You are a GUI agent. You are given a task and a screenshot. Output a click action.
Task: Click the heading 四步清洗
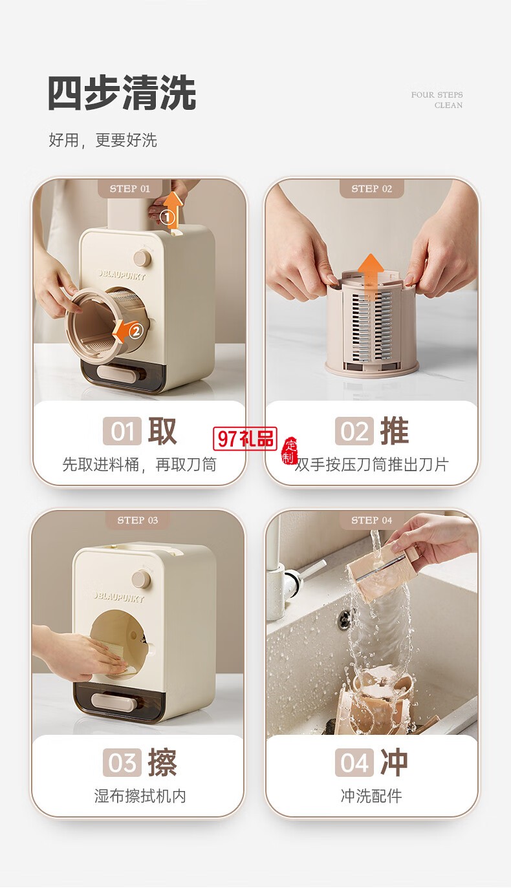[122, 94]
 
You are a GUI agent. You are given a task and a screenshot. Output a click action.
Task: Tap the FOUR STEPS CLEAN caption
[437, 100]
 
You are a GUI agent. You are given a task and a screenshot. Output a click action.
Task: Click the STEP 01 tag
[129, 189]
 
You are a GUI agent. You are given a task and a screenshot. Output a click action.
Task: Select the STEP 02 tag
[371, 189]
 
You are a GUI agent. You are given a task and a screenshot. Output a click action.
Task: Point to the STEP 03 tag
[137, 520]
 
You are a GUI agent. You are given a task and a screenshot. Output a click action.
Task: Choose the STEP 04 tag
[371, 520]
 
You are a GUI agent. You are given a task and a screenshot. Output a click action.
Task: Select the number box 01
[122, 431]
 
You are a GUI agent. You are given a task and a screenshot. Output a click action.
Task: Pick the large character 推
[394, 431]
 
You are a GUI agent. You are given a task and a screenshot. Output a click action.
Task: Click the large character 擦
[162, 763]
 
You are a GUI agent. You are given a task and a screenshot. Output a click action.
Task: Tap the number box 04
[354, 763]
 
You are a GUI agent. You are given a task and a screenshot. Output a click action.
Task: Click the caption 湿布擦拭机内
[140, 796]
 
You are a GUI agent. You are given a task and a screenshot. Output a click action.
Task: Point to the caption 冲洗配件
[371, 796]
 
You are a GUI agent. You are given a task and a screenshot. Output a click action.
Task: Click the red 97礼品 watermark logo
[246, 439]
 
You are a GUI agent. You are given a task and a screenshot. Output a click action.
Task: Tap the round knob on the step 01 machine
[142, 258]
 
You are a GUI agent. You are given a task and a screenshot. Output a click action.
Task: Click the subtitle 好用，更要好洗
[103, 140]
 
